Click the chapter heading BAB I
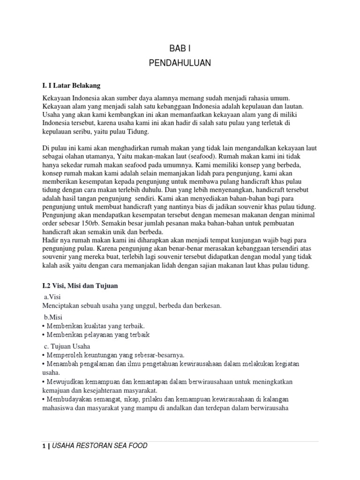[180, 48]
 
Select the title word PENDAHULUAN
[180, 63]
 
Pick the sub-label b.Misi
[53, 317]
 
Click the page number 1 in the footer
[43, 446]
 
